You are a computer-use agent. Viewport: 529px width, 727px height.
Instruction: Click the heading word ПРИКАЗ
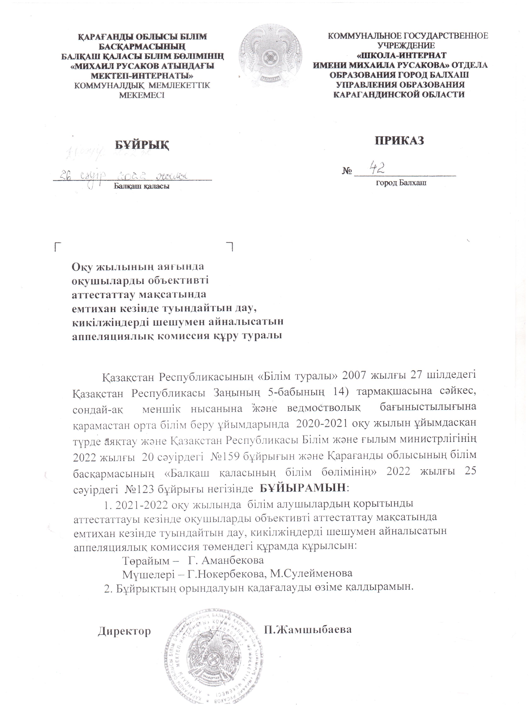399,140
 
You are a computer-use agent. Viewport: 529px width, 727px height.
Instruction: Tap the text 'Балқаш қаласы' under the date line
142,186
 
